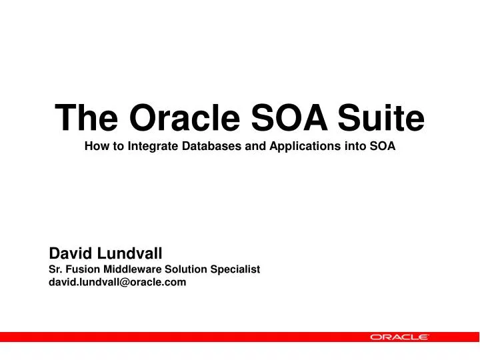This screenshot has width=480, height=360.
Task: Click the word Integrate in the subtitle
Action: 151,147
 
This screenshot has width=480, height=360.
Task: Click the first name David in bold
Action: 71,253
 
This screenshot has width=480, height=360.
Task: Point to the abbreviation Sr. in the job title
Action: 57,269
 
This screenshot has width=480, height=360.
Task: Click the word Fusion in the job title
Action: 84,269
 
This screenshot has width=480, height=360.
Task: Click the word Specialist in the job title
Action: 235,269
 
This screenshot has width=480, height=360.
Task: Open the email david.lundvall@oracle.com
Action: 118,282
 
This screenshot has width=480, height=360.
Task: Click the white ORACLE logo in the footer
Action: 399,337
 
